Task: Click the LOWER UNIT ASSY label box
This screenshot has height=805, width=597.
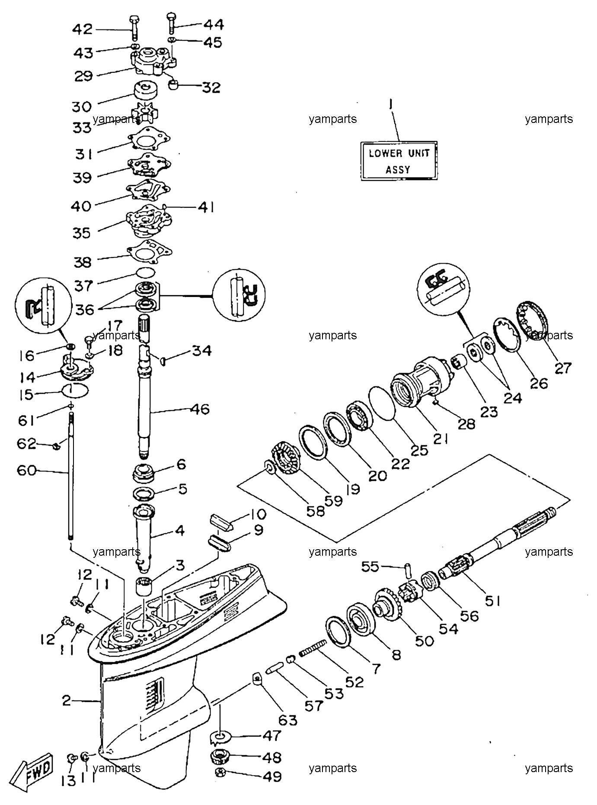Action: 399,161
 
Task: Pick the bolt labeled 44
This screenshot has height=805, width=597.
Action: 171,22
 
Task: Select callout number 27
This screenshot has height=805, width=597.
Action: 563,368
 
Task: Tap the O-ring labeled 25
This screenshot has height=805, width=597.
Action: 382,403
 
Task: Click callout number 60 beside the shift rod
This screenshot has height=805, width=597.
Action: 26,470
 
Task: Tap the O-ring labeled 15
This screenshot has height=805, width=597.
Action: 76,390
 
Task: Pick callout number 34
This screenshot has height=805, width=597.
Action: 202,350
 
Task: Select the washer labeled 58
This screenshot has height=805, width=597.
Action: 268,467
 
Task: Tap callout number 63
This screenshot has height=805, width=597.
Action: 288,720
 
